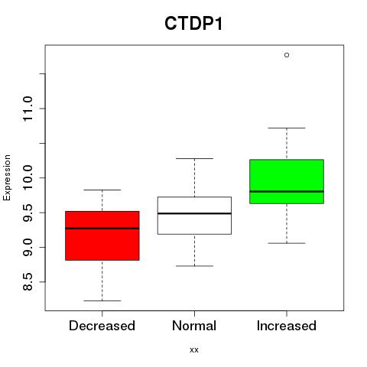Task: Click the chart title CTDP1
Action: tap(193, 24)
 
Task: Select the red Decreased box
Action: tap(102, 235)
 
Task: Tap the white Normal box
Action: tap(194, 216)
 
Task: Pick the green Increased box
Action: tap(287, 181)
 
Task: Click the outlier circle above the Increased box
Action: tap(287, 55)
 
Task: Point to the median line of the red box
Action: tap(102, 229)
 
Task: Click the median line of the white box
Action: tap(194, 213)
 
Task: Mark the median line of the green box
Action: tap(287, 191)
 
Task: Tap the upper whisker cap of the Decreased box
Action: tap(102, 190)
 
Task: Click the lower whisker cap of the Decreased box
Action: tap(102, 300)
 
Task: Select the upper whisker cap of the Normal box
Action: tap(194, 158)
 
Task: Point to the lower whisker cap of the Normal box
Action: tap(194, 266)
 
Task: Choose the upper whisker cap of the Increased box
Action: tap(287, 128)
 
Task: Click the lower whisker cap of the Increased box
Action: tap(287, 243)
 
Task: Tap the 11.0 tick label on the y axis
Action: tap(28, 109)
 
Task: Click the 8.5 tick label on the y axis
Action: tap(28, 282)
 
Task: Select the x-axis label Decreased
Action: tap(102, 326)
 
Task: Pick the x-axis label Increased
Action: tap(287, 326)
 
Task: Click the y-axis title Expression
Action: tap(7, 177)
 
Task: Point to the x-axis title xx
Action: tap(194, 350)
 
